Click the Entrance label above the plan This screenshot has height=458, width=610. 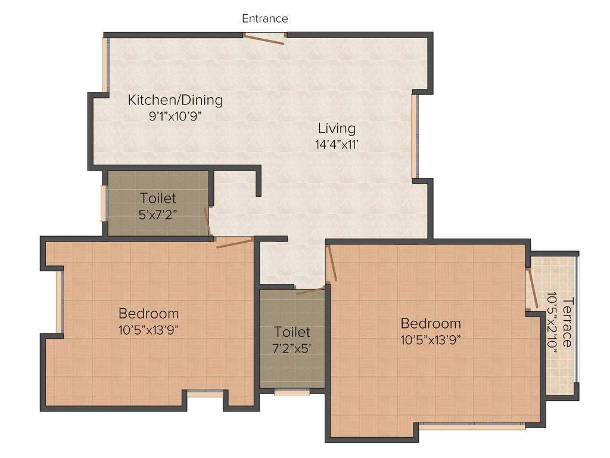pos(264,18)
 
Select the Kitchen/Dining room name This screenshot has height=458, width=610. pos(175,100)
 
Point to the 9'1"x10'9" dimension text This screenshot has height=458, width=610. pos(175,116)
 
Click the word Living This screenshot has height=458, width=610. pos(337,128)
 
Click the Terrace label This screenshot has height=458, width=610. pos(567,322)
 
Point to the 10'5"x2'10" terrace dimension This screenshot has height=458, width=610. pos(552,322)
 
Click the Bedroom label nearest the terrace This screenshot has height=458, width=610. pos(431,324)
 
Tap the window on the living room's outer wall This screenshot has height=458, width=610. pos(415,136)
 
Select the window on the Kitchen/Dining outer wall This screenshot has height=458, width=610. pos(105,65)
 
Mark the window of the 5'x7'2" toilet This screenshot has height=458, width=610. pos(104,203)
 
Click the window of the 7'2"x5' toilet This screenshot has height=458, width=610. pos(292,392)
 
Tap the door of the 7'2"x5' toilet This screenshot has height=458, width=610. pos(310,292)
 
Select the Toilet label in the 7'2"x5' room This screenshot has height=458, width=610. pos(292,332)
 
